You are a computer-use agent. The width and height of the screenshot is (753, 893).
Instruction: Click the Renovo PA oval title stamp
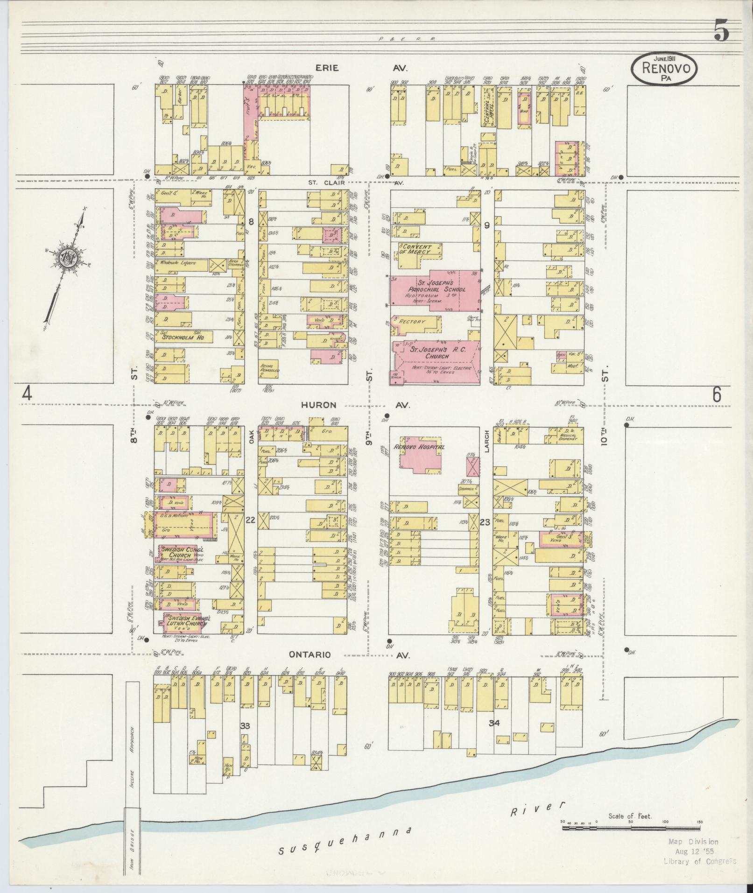pyautogui.click(x=665, y=69)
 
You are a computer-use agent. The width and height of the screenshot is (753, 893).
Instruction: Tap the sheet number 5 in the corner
pyautogui.click(x=721, y=33)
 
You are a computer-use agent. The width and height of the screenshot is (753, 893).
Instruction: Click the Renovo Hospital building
pyautogui.click(x=420, y=454)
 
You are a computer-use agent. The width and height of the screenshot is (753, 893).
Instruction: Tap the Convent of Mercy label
pyautogui.click(x=420, y=249)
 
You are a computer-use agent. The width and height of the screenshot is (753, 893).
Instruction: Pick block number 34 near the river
pyautogui.click(x=494, y=737)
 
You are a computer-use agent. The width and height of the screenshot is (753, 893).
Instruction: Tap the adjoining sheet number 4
pyautogui.click(x=27, y=395)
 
